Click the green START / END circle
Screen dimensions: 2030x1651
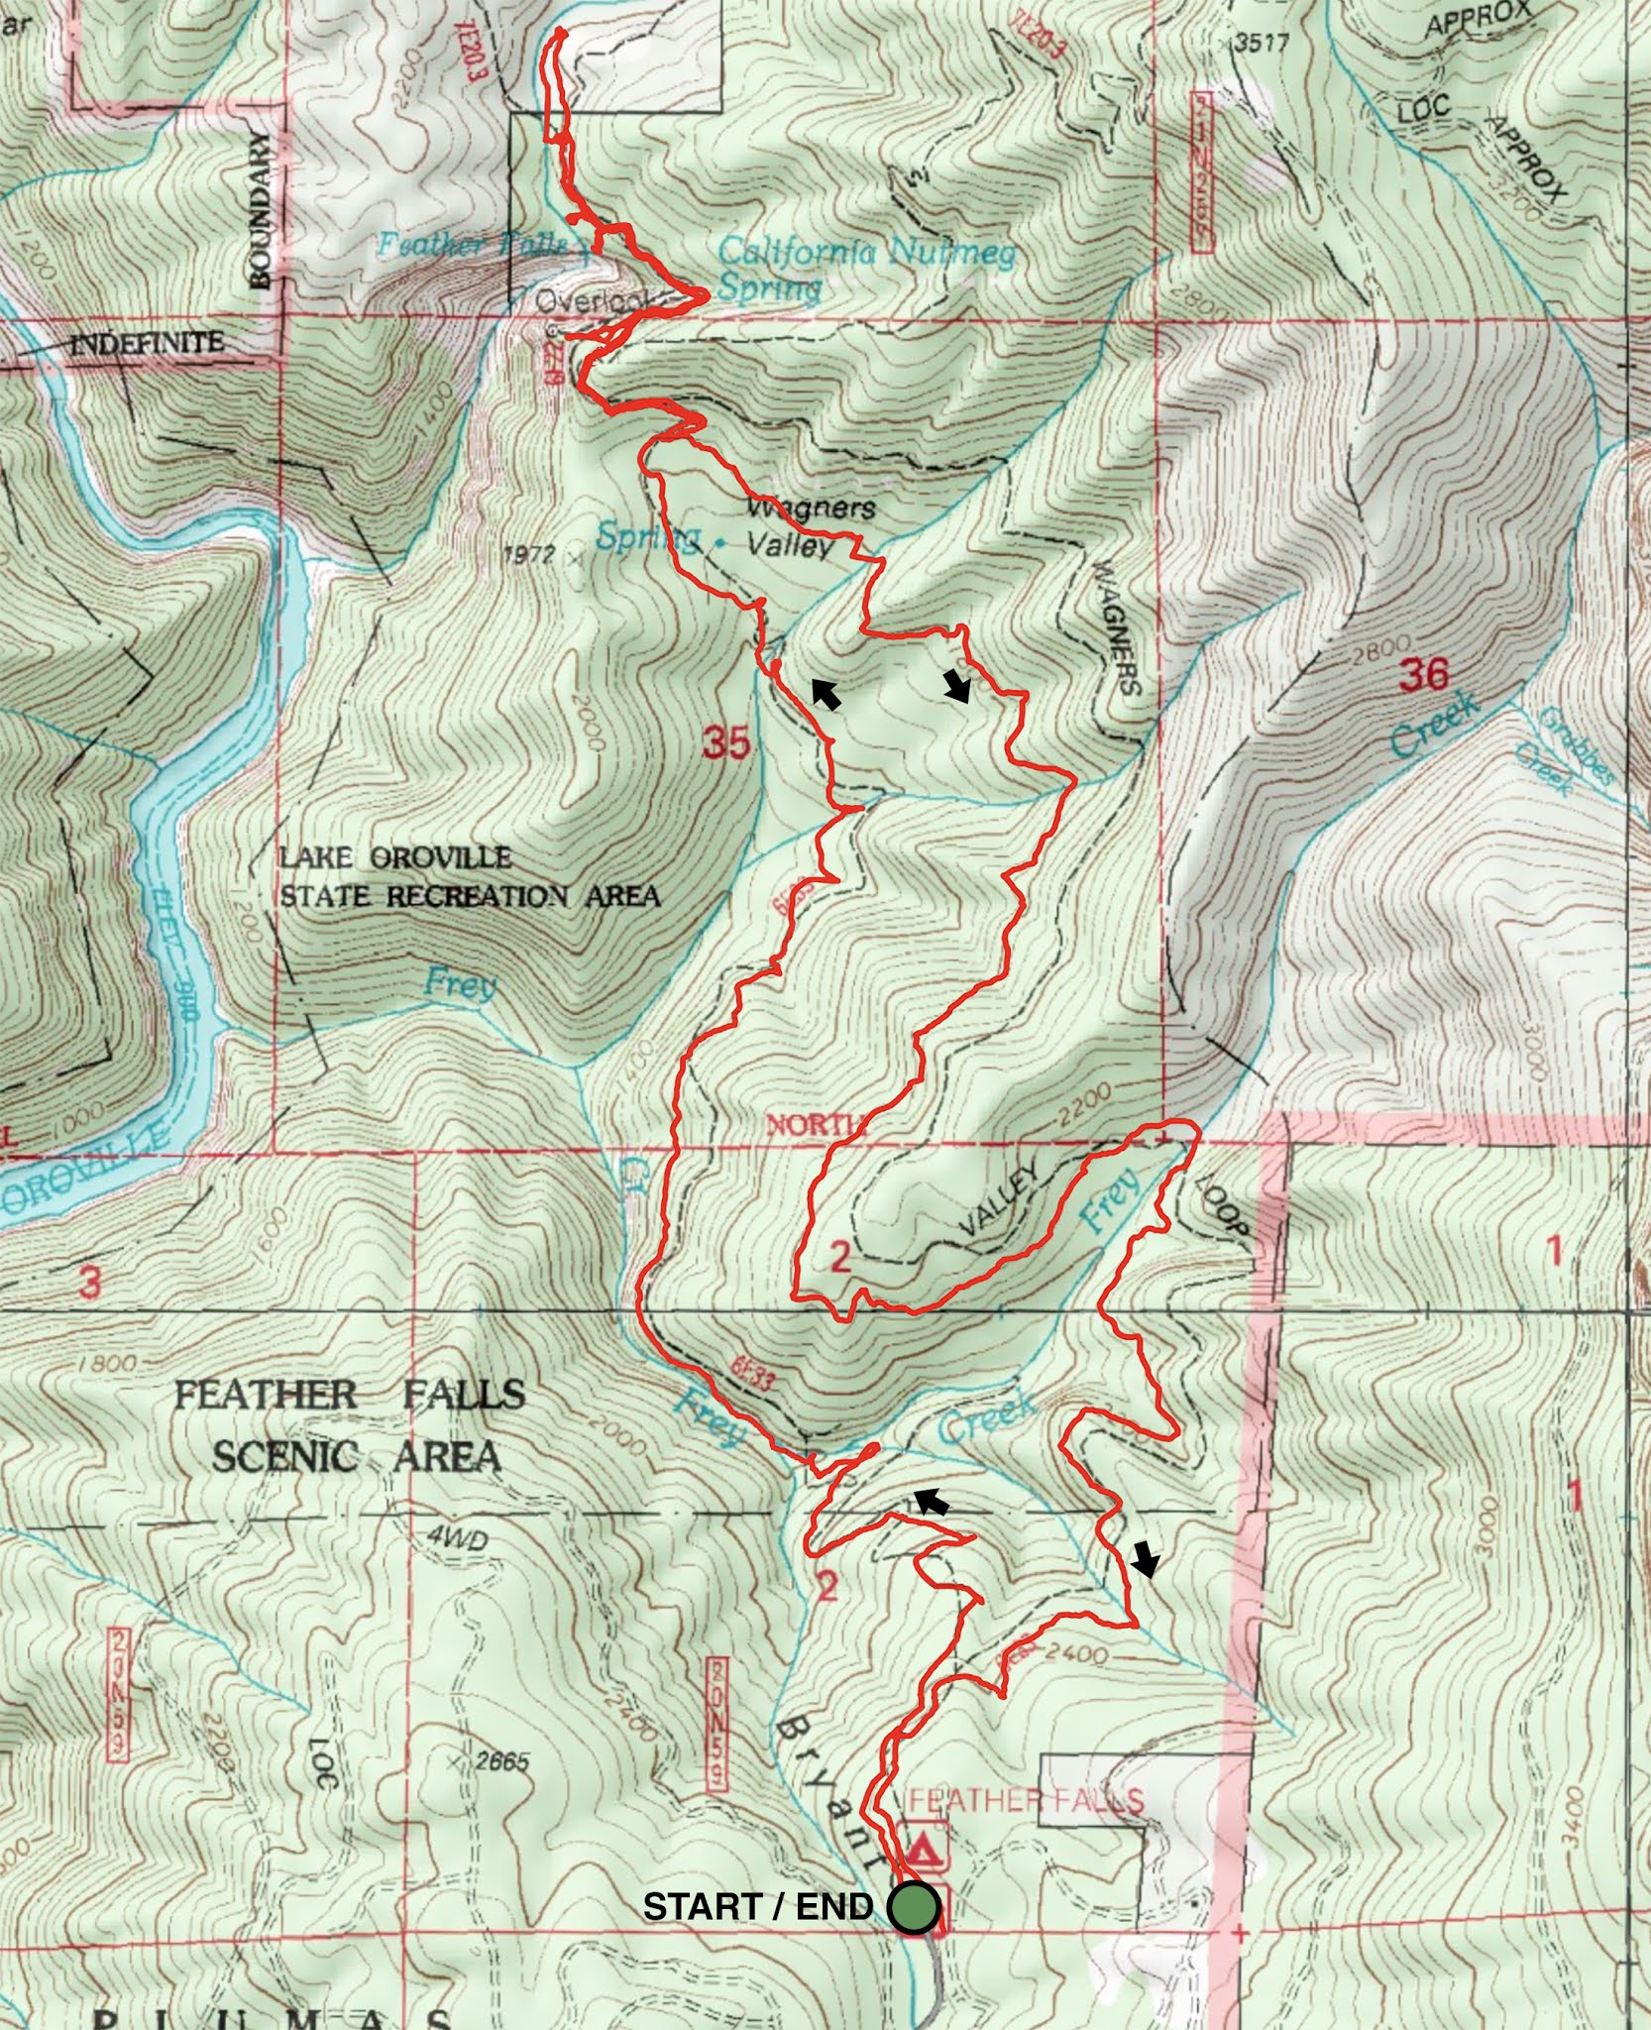click(x=913, y=1906)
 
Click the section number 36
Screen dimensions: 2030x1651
click(x=1423, y=675)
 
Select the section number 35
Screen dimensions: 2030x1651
click(x=725, y=741)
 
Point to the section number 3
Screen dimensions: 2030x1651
click(x=90, y=1284)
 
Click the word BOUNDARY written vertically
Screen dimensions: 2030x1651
click(x=261, y=210)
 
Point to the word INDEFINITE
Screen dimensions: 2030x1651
click(x=146, y=344)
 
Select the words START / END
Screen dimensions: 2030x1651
click(x=757, y=1907)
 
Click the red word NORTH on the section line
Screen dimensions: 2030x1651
click(x=815, y=1124)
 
